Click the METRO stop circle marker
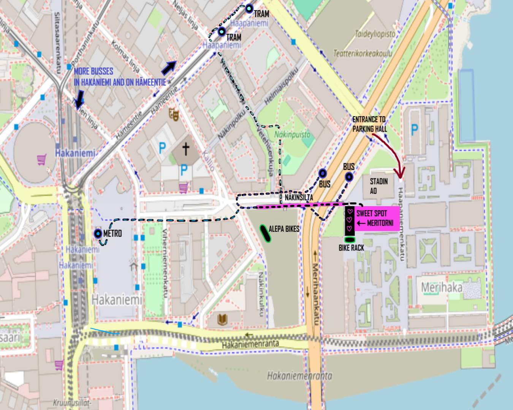(x=98, y=233)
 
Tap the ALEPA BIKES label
(x=284, y=229)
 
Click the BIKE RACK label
(x=351, y=248)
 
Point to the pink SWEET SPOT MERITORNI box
(x=376, y=218)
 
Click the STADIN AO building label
(x=378, y=186)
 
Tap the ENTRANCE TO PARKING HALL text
(x=369, y=124)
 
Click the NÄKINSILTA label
(x=299, y=197)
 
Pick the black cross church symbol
(x=185, y=149)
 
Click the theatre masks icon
(x=174, y=114)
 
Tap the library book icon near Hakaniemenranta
(x=222, y=319)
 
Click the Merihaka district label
(x=442, y=287)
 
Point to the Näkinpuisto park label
(x=292, y=134)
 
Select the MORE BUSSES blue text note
(x=120, y=77)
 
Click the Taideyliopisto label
(x=375, y=34)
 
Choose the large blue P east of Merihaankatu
(x=415, y=130)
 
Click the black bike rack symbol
(x=350, y=240)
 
